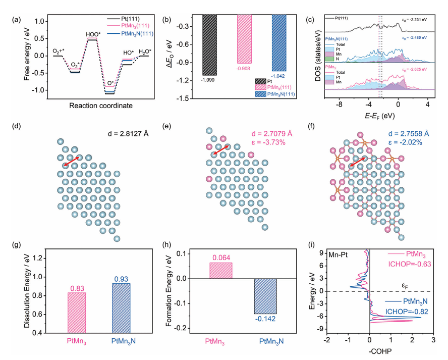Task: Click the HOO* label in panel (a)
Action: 92,35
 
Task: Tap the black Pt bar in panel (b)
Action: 209,45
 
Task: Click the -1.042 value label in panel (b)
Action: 278,75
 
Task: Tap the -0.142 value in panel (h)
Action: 268,319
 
